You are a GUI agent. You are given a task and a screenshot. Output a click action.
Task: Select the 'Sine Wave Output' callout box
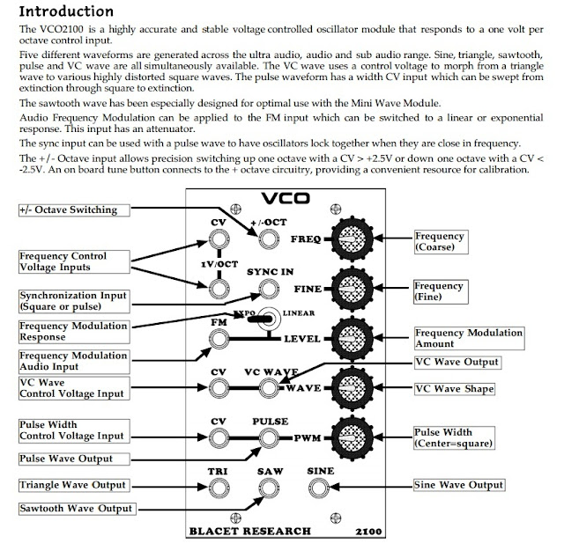459,484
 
